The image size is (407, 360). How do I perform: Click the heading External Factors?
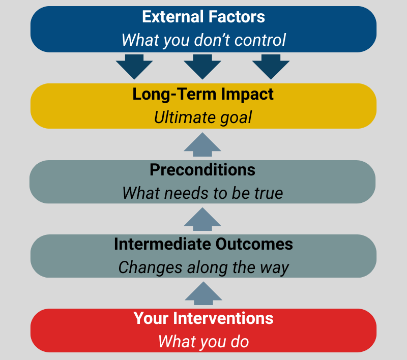203,17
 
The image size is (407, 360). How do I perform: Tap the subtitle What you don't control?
203,39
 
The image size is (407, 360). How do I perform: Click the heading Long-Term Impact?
203,95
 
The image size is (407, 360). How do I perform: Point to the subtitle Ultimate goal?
203,117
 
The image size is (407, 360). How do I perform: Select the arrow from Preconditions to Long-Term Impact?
202,144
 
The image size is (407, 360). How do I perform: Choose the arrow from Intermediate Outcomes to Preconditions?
202,219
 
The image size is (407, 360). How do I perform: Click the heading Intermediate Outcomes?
203,244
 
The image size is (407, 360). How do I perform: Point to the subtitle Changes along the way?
203,267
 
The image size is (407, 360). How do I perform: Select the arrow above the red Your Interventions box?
202,293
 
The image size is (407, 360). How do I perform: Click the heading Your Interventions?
203,318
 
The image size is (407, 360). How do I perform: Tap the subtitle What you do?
203,341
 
